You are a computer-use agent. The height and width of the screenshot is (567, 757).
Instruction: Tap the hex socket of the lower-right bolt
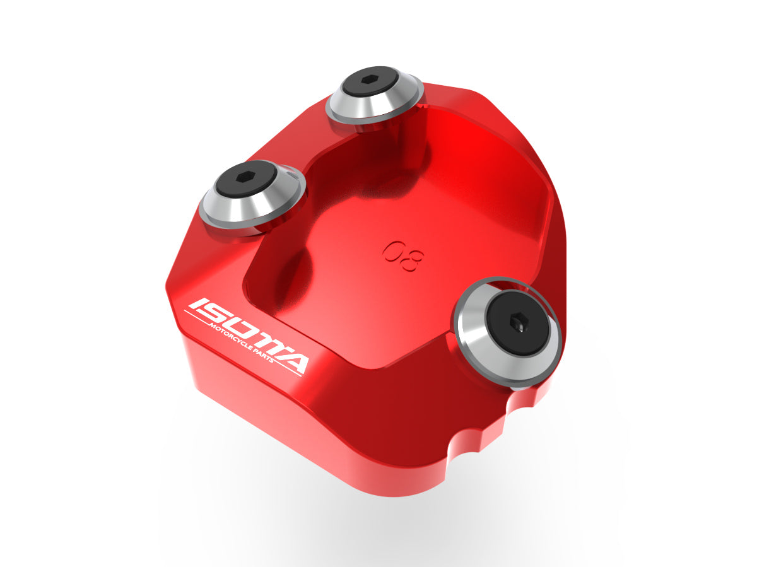519,324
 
